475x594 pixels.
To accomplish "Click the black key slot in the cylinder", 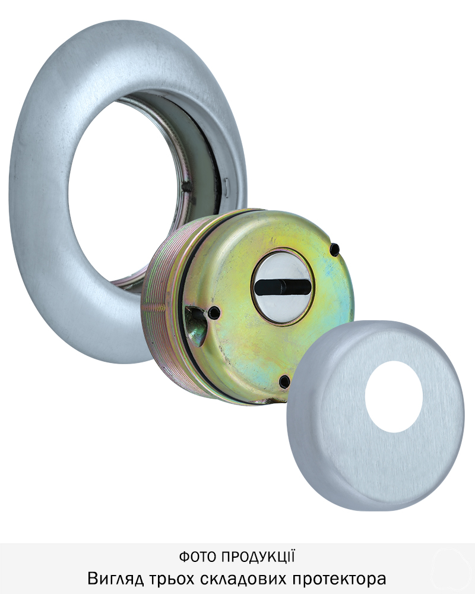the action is click(x=281, y=287).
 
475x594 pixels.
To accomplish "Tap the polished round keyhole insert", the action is click(x=281, y=287).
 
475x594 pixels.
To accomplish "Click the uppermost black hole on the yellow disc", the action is click(x=334, y=249).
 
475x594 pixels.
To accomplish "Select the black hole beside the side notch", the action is click(x=214, y=312).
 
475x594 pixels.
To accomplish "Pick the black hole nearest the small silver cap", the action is click(x=284, y=381).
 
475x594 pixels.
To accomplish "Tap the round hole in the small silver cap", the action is click(x=394, y=396).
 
